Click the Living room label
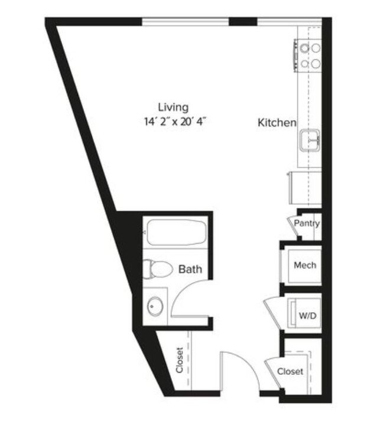173,107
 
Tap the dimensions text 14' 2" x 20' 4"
176,122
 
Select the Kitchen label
276,123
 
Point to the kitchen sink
310,140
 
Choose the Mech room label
305,265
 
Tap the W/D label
307,316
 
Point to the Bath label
190,269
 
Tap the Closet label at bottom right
290,371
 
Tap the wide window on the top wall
185,22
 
